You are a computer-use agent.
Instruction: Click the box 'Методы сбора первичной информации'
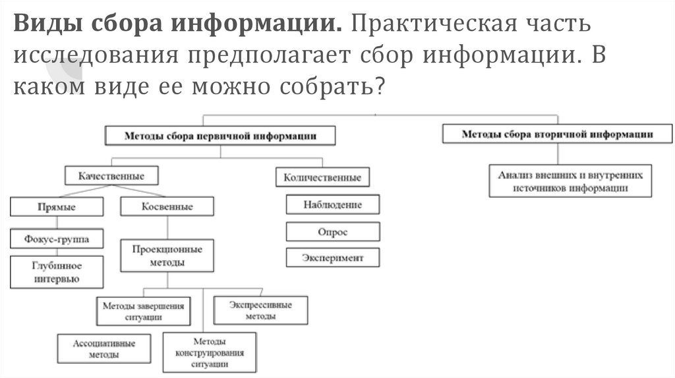pos(220,136)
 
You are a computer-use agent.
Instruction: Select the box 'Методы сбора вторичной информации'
pos(557,134)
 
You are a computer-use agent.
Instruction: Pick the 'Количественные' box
pos(322,177)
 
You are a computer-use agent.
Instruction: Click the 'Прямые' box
pos(57,207)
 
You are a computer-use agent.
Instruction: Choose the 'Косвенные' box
pos(167,207)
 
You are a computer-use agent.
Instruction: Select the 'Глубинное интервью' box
pos(57,272)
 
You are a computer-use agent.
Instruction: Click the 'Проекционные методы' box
pos(167,256)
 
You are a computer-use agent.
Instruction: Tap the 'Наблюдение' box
pos(333,204)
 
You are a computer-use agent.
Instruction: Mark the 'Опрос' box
pos(333,232)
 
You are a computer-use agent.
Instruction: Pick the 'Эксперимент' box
pos(333,257)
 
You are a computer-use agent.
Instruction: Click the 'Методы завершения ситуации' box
pos(143,311)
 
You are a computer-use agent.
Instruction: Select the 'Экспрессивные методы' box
pos(260,310)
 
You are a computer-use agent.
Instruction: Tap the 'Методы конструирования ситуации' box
pos(210,352)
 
